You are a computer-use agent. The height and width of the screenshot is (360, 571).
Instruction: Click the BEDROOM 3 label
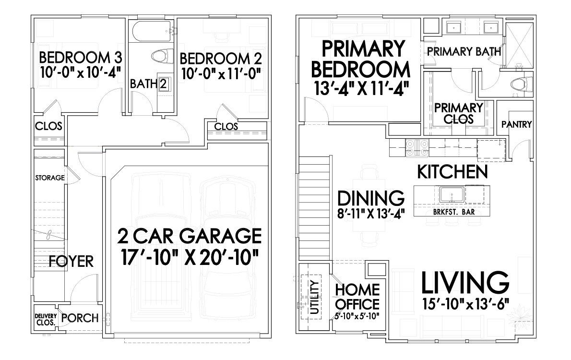coord(80,58)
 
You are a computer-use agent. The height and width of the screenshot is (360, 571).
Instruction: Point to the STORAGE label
coord(49,178)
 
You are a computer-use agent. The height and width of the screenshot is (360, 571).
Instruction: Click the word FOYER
coord(71,262)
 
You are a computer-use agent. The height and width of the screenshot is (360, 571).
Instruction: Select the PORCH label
coord(80,318)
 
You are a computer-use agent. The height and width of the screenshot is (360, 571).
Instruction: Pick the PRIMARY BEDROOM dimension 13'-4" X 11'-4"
coord(360,89)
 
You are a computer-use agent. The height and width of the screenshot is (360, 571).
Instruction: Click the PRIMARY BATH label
coord(464,51)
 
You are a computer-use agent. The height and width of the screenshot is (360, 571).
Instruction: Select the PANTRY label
coord(516,124)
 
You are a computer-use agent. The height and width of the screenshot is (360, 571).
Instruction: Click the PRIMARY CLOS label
coord(458,113)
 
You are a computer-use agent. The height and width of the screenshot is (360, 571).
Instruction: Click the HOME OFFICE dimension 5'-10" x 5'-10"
coord(358,315)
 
